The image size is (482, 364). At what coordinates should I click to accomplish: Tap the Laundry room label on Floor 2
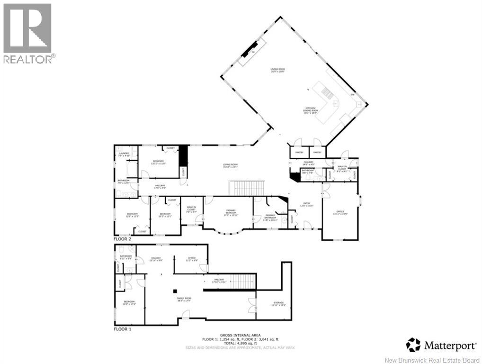click(x=124, y=155)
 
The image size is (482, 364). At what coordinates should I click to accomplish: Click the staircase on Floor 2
click(x=246, y=188)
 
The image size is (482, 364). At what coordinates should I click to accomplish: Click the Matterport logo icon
click(x=413, y=345)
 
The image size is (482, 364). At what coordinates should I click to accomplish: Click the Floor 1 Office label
click(x=191, y=259)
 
